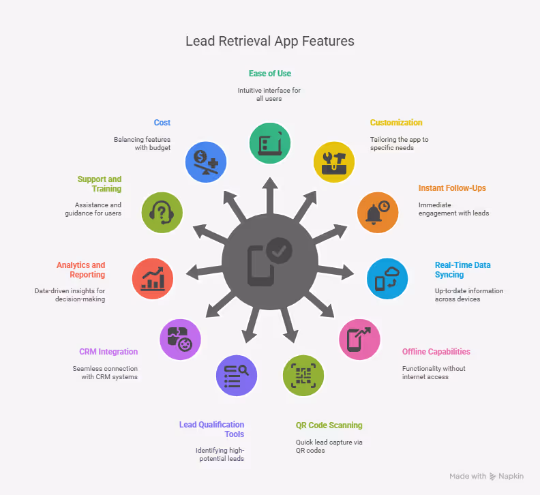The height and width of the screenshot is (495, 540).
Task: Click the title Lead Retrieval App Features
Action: [270, 41]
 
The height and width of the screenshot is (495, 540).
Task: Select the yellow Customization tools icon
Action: [334, 161]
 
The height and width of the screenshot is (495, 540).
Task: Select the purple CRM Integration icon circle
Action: [179, 339]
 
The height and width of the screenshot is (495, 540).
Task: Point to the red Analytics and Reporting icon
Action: [152, 279]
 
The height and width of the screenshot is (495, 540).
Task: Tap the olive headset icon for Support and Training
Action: [162, 212]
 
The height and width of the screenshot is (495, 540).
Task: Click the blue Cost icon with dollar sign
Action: [206, 162]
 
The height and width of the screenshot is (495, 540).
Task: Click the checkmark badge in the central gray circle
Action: [278, 250]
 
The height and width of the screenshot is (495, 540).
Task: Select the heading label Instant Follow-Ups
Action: [451, 187]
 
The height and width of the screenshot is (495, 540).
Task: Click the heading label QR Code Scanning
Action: [329, 425]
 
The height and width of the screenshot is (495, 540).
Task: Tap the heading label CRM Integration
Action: [108, 352]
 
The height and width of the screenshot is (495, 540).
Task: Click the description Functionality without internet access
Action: [434, 372]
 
